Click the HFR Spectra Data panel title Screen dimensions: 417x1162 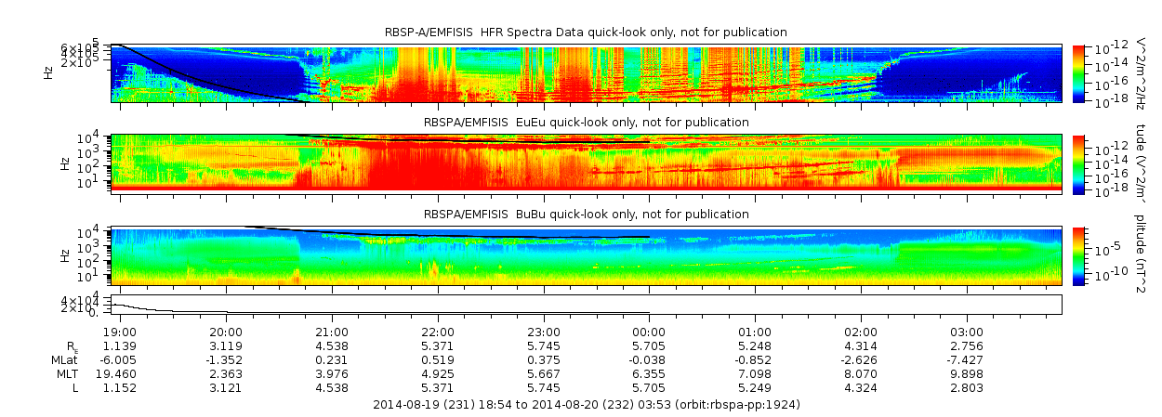(x=586, y=33)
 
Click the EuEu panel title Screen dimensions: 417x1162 (x=586, y=123)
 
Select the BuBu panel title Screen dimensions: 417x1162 (x=586, y=215)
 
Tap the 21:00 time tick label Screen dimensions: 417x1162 (x=332, y=332)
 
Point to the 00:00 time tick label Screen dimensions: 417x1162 (x=649, y=332)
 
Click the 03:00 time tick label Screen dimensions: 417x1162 (x=967, y=332)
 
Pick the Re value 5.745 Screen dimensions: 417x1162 (x=544, y=346)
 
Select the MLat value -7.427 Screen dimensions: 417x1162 (x=967, y=359)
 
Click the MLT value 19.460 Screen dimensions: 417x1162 (x=120, y=373)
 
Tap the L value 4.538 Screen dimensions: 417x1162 (x=332, y=387)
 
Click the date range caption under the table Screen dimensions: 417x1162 (x=586, y=405)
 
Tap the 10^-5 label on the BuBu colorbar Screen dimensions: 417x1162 (x=1104, y=248)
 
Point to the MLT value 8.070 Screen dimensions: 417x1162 (x=861, y=373)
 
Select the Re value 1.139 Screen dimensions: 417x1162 (x=120, y=346)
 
